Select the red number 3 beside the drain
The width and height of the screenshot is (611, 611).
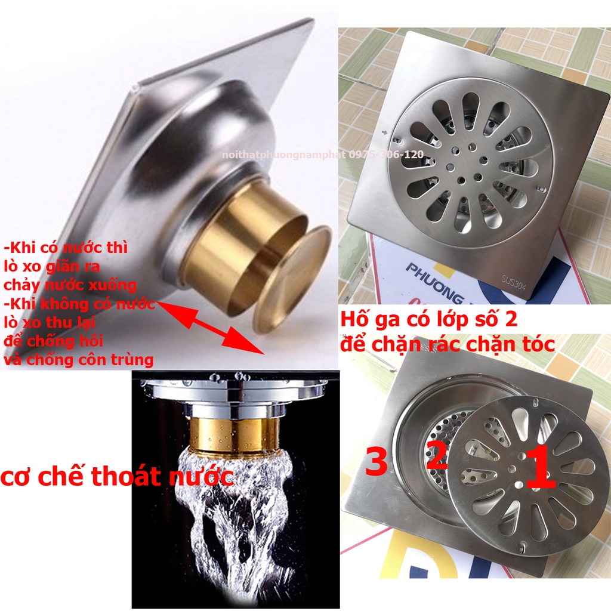[377, 461]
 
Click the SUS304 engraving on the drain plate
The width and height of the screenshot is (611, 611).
[514, 283]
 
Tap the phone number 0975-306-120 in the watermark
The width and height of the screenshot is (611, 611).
[386, 155]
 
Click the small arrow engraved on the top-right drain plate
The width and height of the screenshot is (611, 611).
[385, 133]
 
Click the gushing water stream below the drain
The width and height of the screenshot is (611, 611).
[233, 519]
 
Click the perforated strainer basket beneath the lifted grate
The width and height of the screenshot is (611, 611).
[439, 443]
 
